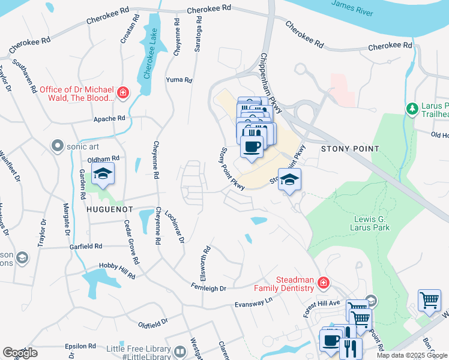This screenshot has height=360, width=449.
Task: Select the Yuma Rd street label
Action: [179, 80]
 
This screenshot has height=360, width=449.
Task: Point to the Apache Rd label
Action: [109, 119]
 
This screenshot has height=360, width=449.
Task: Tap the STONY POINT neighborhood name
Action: [350, 148]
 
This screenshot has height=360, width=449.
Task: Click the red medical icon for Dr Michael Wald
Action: [123, 92]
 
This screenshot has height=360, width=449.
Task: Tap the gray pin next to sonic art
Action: [58, 145]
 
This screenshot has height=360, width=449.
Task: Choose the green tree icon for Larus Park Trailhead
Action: [412, 109]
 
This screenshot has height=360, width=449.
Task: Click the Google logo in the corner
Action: [20, 353]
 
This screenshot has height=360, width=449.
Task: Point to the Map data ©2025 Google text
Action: [412, 355]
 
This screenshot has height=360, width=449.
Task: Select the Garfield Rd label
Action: [85, 246]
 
